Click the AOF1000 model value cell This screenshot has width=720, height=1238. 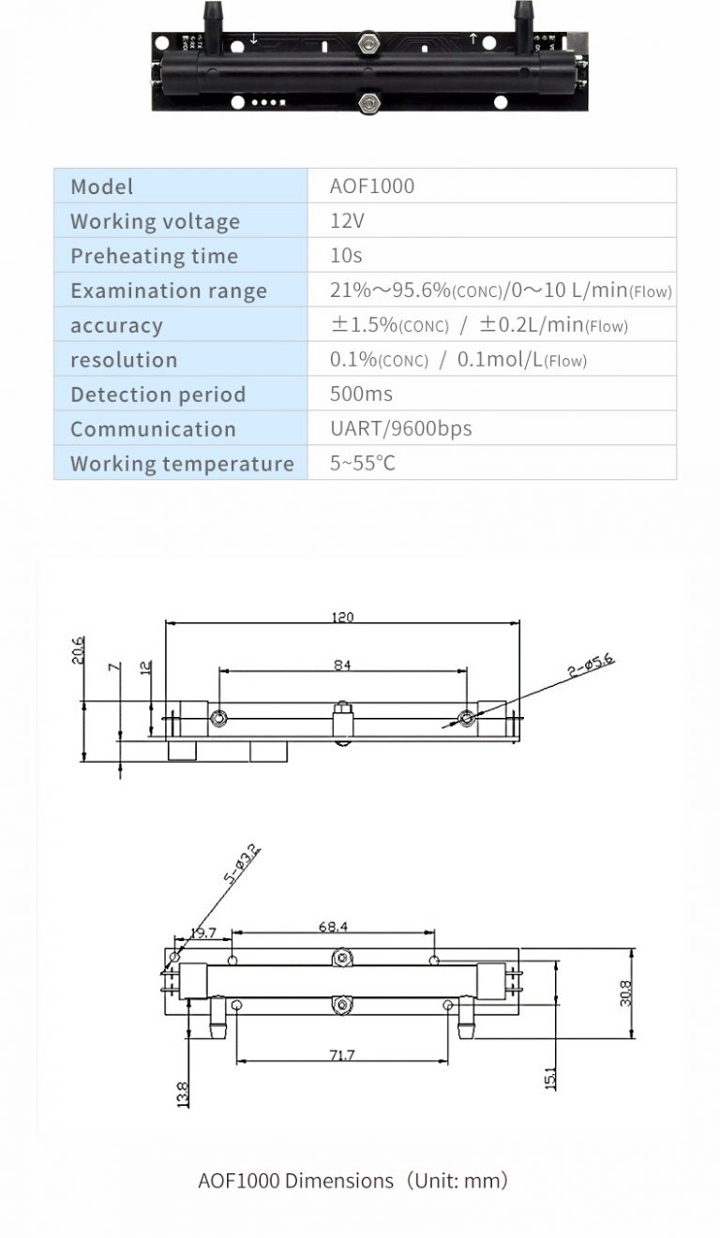pos(372,186)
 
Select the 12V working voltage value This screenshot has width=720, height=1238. pos(346,221)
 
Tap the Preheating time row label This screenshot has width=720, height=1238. pos(154,256)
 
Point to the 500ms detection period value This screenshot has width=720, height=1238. pos(361,394)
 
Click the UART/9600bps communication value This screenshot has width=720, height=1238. pos(400,428)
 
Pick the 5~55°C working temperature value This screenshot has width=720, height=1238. pos(362,463)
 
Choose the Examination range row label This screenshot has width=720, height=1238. pos(168,291)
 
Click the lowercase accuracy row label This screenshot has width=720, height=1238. pos(116,325)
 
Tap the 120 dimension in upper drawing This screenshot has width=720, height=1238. pos(343,618)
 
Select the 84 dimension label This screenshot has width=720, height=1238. pos(342,665)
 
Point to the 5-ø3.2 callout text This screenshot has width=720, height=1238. pos(242,866)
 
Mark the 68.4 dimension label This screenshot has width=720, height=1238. pos(333,926)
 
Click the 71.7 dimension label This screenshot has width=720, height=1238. pos(342,1054)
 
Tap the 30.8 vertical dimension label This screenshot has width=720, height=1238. pos(625,992)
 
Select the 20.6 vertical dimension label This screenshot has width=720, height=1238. pos(78,650)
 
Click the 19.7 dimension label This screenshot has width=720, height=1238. pos(202,932)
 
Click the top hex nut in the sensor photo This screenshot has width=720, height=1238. pos(368,42)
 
